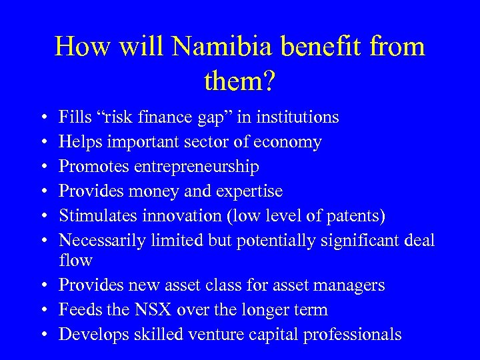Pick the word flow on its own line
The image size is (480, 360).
click(75, 260)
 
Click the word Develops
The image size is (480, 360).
click(88, 334)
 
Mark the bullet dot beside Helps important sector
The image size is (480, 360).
click(43, 143)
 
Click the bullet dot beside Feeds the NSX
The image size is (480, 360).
click(43, 310)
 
